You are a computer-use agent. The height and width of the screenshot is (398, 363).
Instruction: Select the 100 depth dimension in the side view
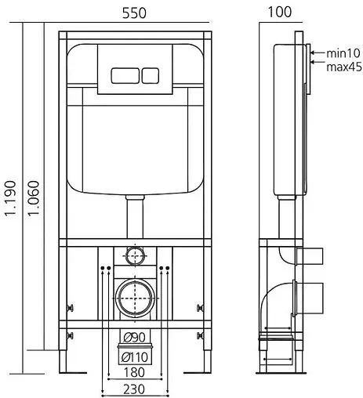pos(280,12)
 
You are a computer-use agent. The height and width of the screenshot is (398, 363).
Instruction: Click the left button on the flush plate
pos(122,77)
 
